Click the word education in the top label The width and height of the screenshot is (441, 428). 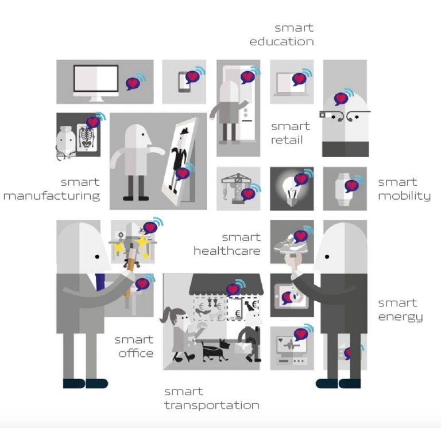click(281, 42)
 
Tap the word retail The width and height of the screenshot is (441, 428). click(287, 140)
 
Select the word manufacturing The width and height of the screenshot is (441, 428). click(52, 196)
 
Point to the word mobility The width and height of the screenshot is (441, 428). click(404, 196)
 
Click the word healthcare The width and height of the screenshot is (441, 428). click(227, 251)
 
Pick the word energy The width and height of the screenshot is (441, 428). click(401, 317)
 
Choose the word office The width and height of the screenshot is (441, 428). click(136, 353)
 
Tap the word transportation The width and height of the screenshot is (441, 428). click(212, 406)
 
